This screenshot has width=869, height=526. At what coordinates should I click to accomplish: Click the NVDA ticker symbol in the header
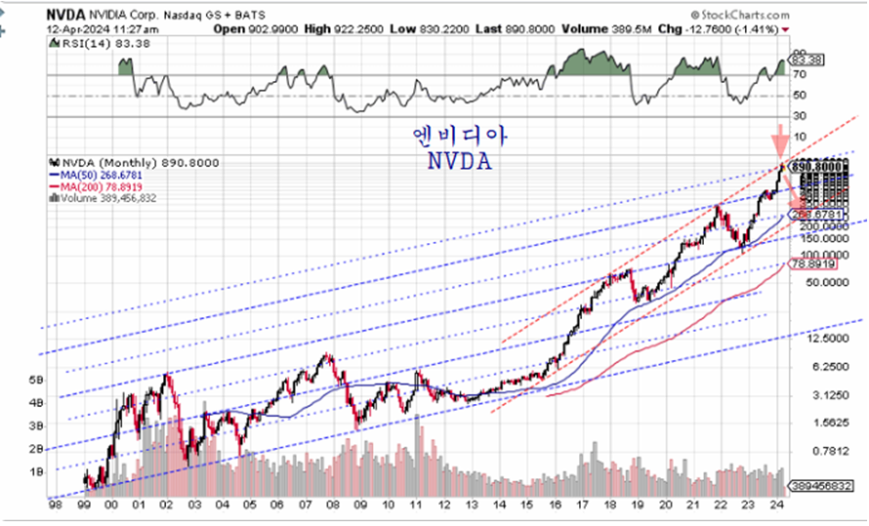(66, 16)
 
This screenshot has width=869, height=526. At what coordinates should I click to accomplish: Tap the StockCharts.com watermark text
(749, 16)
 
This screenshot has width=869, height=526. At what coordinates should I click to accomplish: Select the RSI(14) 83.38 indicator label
(89, 44)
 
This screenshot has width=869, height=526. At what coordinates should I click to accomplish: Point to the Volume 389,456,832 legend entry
(106, 198)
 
